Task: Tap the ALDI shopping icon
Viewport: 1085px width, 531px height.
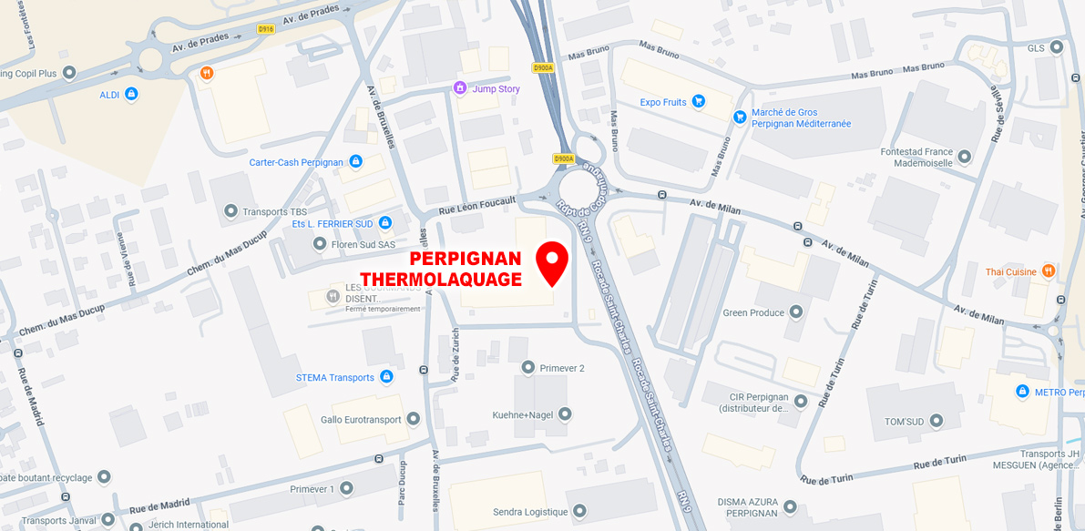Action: point(131,94)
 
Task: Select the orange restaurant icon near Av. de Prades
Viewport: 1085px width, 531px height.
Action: point(207,73)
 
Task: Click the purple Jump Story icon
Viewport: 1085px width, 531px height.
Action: point(460,88)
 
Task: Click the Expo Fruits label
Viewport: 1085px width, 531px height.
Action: point(663,102)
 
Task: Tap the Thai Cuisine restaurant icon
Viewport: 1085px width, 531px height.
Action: point(1049,271)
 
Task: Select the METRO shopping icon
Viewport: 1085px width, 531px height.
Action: point(1022,392)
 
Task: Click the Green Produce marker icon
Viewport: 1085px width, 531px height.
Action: point(796,312)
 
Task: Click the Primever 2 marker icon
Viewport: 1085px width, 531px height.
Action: point(527,367)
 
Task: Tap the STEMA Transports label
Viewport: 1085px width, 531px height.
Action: point(335,377)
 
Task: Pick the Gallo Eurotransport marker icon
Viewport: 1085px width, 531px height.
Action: point(413,419)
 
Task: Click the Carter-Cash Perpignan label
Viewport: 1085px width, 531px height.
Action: point(296,162)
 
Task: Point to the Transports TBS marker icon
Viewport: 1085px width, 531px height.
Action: point(230,211)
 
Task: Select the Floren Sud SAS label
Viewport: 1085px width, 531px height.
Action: point(363,244)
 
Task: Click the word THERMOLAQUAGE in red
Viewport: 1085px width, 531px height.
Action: point(441,280)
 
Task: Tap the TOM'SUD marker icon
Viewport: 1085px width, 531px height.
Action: point(937,422)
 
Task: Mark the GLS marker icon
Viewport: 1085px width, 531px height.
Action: point(1057,47)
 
